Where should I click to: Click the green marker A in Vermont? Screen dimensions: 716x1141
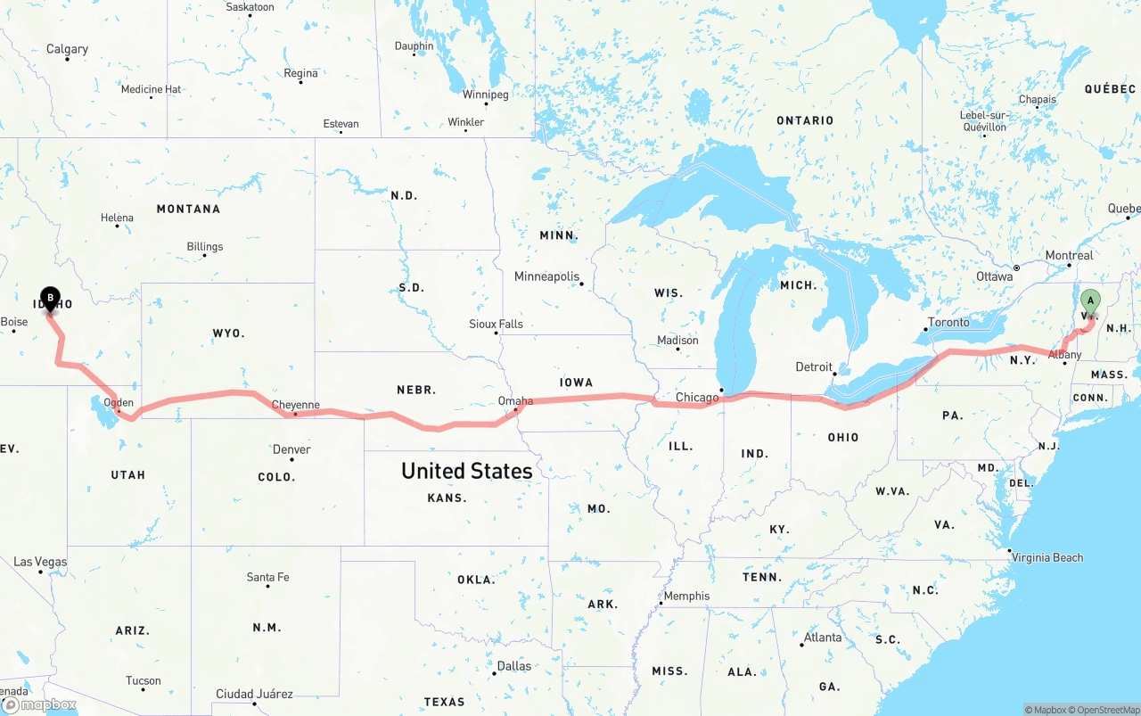1090,301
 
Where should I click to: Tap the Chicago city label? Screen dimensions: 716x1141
697,398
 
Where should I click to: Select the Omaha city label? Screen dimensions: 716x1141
515,401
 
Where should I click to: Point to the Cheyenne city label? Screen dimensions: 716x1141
295,405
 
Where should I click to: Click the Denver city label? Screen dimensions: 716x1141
291,449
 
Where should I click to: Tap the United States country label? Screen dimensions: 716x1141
466,471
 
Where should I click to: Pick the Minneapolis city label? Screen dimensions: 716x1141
546,276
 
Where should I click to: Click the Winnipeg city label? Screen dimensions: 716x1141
485,95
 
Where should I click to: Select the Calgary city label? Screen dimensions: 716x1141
67,49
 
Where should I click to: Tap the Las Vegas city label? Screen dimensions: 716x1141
40,562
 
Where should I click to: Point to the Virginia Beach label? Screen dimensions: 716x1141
1047,557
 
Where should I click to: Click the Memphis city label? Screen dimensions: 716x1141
686,596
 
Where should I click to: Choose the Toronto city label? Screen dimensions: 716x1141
948,322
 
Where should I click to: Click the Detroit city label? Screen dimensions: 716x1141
814,366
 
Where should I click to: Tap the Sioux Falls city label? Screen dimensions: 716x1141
497,324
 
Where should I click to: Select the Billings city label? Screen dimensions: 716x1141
204,247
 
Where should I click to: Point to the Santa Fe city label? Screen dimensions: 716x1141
267,577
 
